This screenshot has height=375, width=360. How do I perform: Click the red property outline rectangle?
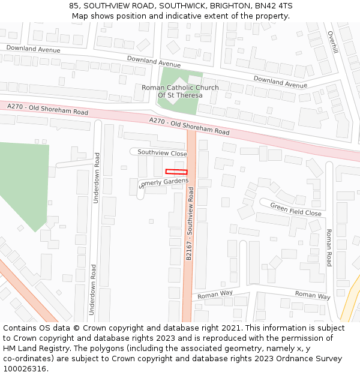pyautogui.click(x=176, y=172)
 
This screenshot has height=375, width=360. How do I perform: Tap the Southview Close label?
pyautogui.click(x=162, y=153)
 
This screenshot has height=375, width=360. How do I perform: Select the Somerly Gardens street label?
pyautogui.click(x=164, y=182)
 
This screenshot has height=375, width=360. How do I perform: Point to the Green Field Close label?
pyautogui.click(x=296, y=209)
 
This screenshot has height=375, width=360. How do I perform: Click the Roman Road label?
pyautogui.click(x=329, y=247)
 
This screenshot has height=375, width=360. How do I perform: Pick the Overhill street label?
pyautogui.click(x=333, y=42)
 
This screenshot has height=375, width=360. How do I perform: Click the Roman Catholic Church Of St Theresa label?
pyautogui.click(x=180, y=91)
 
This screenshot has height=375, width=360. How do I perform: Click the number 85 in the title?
pyautogui.click(x=74, y=5)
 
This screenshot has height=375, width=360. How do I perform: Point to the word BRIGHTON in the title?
pyautogui.click(x=226, y=5)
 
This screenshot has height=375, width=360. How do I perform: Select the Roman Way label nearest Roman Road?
pyautogui.click(x=313, y=295)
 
